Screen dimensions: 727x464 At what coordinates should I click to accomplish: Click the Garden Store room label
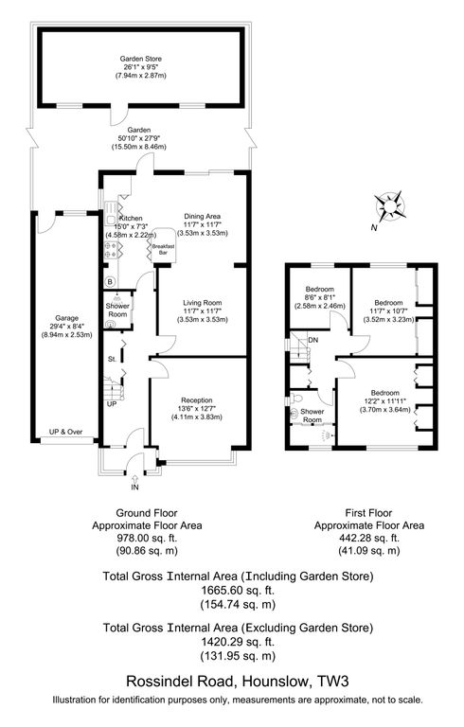click(140, 59)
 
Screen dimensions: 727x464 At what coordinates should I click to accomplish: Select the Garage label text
click(65, 318)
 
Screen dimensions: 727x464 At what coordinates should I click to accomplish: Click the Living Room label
click(202, 303)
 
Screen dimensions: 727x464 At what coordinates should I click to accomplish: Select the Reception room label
click(196, 400)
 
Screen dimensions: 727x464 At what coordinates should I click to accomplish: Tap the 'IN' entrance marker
click(134, 488)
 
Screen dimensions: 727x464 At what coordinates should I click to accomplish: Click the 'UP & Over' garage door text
click(66, 432)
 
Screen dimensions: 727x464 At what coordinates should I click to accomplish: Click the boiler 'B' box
click(110, 282)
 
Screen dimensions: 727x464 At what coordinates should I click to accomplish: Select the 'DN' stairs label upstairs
click(313, 340)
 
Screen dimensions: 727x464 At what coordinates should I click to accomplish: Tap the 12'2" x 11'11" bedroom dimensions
click(384, 401)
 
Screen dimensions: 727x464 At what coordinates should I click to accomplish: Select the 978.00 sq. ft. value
click(146, 537)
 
